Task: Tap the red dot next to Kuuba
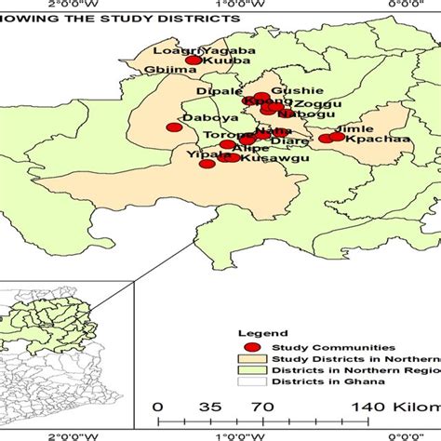tap(193, 60)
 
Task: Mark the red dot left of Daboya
tap(172, 127)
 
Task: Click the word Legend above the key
tap(257, 331)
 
